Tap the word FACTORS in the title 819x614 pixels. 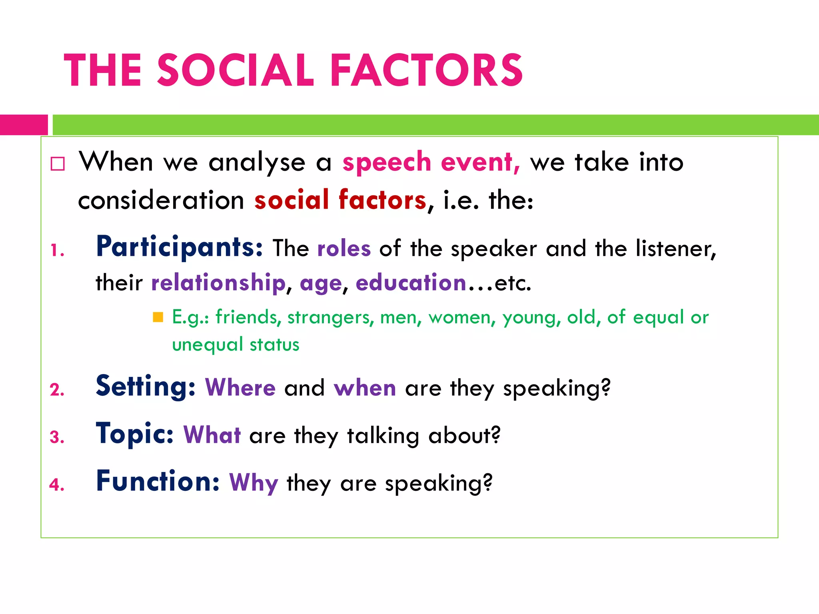(x=427, y=70)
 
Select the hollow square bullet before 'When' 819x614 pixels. (x=58, y=164)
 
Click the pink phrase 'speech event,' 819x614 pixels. (x=431, y=162)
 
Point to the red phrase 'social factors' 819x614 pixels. (x=340, y=200)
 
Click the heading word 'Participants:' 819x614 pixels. (x=180, y=247)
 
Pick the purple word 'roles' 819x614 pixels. (x=344, y=249)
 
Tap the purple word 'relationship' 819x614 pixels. (x=218, y=283)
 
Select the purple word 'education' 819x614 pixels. (x=411, y=283)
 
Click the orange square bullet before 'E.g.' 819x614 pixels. (x=158, y=317)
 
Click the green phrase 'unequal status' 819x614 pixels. (x=236, y=345)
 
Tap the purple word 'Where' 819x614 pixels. (x=240, y=388)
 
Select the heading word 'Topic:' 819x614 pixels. (x=135, y=434)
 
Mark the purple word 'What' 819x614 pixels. (x=212, y=435)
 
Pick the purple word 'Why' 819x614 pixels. (x=254, y=483)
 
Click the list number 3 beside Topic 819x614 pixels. (x=56, y=437)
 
